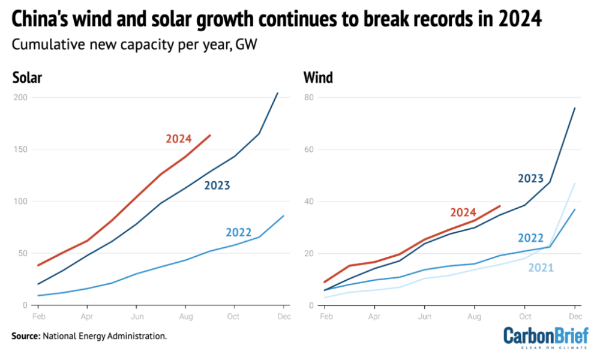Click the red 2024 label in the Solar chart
click(178, 139)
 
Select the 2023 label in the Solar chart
click(217, 185)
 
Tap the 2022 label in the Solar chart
click(238, 233)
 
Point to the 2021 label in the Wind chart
click(541, 268)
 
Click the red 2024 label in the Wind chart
click(463, 212)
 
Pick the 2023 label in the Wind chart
click(531, 178)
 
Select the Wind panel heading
click(318, 78)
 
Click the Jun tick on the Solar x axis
click(137, 316)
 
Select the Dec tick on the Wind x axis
click(575, 316)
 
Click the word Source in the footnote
click(26, 336)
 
